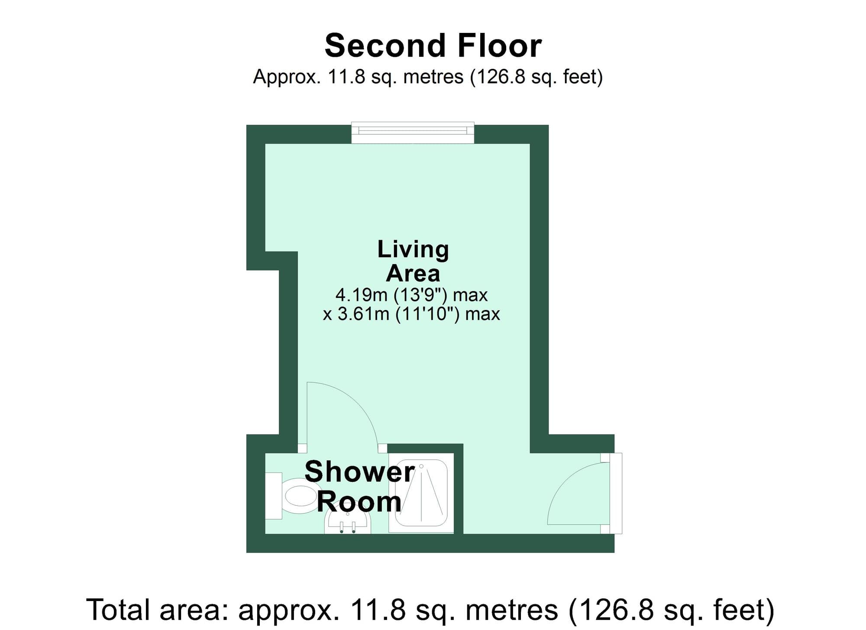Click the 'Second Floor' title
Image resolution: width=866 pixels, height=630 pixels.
pyautogui.click(x=433, y=46)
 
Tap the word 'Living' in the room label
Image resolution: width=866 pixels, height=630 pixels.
pyautogui.click(x=413, y=249)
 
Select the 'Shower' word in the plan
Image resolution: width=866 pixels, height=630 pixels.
pyautogui.click(x=359, y=472)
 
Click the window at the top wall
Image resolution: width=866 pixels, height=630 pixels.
pyautogui.click(x=413, y=132)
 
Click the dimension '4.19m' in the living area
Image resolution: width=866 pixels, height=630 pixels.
pyautogui.click(x=361, y=295)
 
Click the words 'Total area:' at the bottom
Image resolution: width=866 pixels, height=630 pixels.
pyautogui.click(x=158, y=610)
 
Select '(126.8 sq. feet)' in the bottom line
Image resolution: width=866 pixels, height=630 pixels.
pyautogui.click(x=671, y=610)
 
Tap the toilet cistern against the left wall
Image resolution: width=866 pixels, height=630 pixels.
pyautogui.click(x=273, y=496)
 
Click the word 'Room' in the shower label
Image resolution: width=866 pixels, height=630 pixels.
pyautogui.click(x=359, y=502)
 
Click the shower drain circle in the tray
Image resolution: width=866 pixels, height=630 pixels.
pyautogui.click(x=421, y=466)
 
